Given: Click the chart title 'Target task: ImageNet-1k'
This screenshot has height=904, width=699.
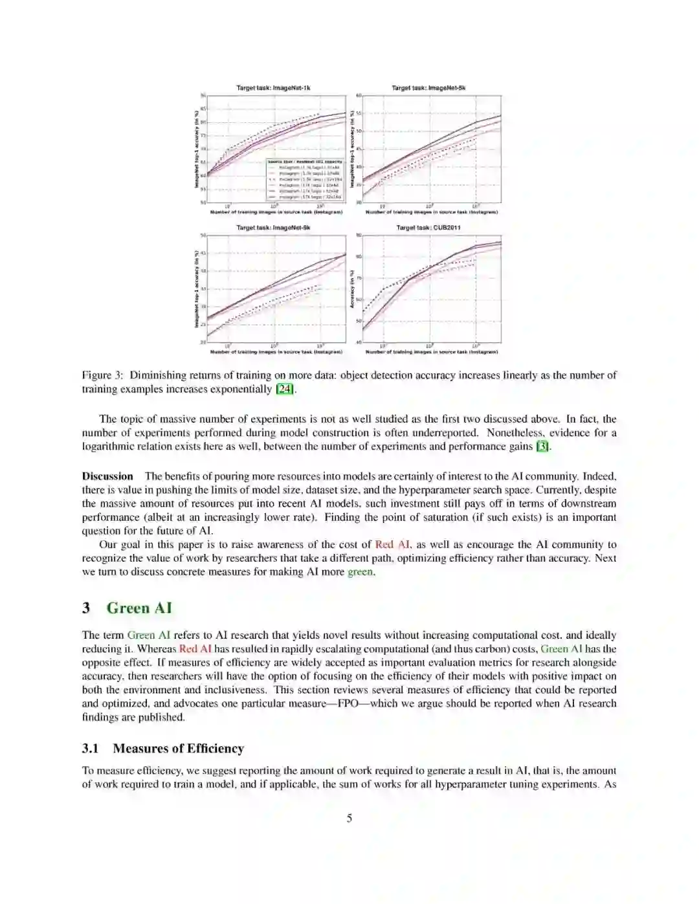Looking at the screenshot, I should click(273, 87).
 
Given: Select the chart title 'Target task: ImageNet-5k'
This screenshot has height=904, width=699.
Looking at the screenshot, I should click(428, 87).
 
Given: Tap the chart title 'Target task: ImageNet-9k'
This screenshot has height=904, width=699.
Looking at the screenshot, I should click(273, 228).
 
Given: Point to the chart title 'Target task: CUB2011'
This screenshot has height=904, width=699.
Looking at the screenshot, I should click(428, 228).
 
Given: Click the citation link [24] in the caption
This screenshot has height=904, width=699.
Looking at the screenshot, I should click(285, 389).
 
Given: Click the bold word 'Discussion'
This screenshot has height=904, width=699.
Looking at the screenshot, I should click(107, 476).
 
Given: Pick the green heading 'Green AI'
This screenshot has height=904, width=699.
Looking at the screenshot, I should click(139, 608).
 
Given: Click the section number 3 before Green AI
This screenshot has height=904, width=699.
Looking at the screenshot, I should click(86, 608).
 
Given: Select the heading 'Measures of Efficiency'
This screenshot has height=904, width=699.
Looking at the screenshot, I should click(178, 749).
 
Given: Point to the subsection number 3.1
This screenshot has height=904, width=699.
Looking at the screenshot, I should click(90, 749).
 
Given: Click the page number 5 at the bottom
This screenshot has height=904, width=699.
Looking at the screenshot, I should click(349, 818).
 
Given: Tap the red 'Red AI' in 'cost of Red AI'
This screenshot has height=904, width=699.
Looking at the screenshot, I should click(392, 545).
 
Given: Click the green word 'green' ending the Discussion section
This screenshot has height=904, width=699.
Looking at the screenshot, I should click(361, 572).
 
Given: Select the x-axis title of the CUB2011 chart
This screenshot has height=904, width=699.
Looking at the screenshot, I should click(432, 352).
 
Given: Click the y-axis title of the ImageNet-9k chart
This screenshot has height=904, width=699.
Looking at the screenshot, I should click(197, 289).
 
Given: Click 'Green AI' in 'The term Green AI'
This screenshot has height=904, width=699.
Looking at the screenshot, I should click(148, 635).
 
